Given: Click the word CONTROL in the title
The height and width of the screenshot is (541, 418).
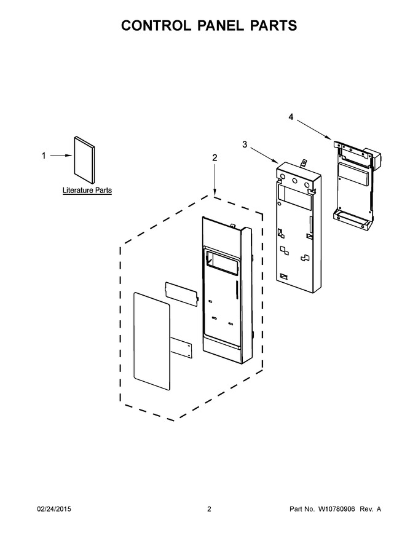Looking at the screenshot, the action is click(x=155, y=26).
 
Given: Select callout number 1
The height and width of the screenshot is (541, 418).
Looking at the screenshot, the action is click(x=44, y=156).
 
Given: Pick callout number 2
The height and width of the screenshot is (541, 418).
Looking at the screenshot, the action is click(x=215, y=157).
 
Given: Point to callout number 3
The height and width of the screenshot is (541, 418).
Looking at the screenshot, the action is click(x=245, y=144).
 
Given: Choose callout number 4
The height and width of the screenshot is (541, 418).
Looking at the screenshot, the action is click(x=291, y=117).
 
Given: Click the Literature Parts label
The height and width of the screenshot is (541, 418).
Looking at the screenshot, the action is click(x=87, y=190).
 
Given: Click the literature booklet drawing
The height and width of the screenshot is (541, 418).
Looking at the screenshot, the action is click(x=84, y=159).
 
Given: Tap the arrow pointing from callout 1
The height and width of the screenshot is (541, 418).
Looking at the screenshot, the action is click(x=61, y=156).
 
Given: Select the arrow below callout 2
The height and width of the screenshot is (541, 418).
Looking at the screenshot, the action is click(x=215, y=180).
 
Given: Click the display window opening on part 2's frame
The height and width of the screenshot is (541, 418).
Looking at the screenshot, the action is click(x=222, y=264).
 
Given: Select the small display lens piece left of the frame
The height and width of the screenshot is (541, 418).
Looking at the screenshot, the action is click(x=182, y=294).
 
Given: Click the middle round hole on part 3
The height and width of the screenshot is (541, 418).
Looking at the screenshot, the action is click(x=295, y=181).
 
